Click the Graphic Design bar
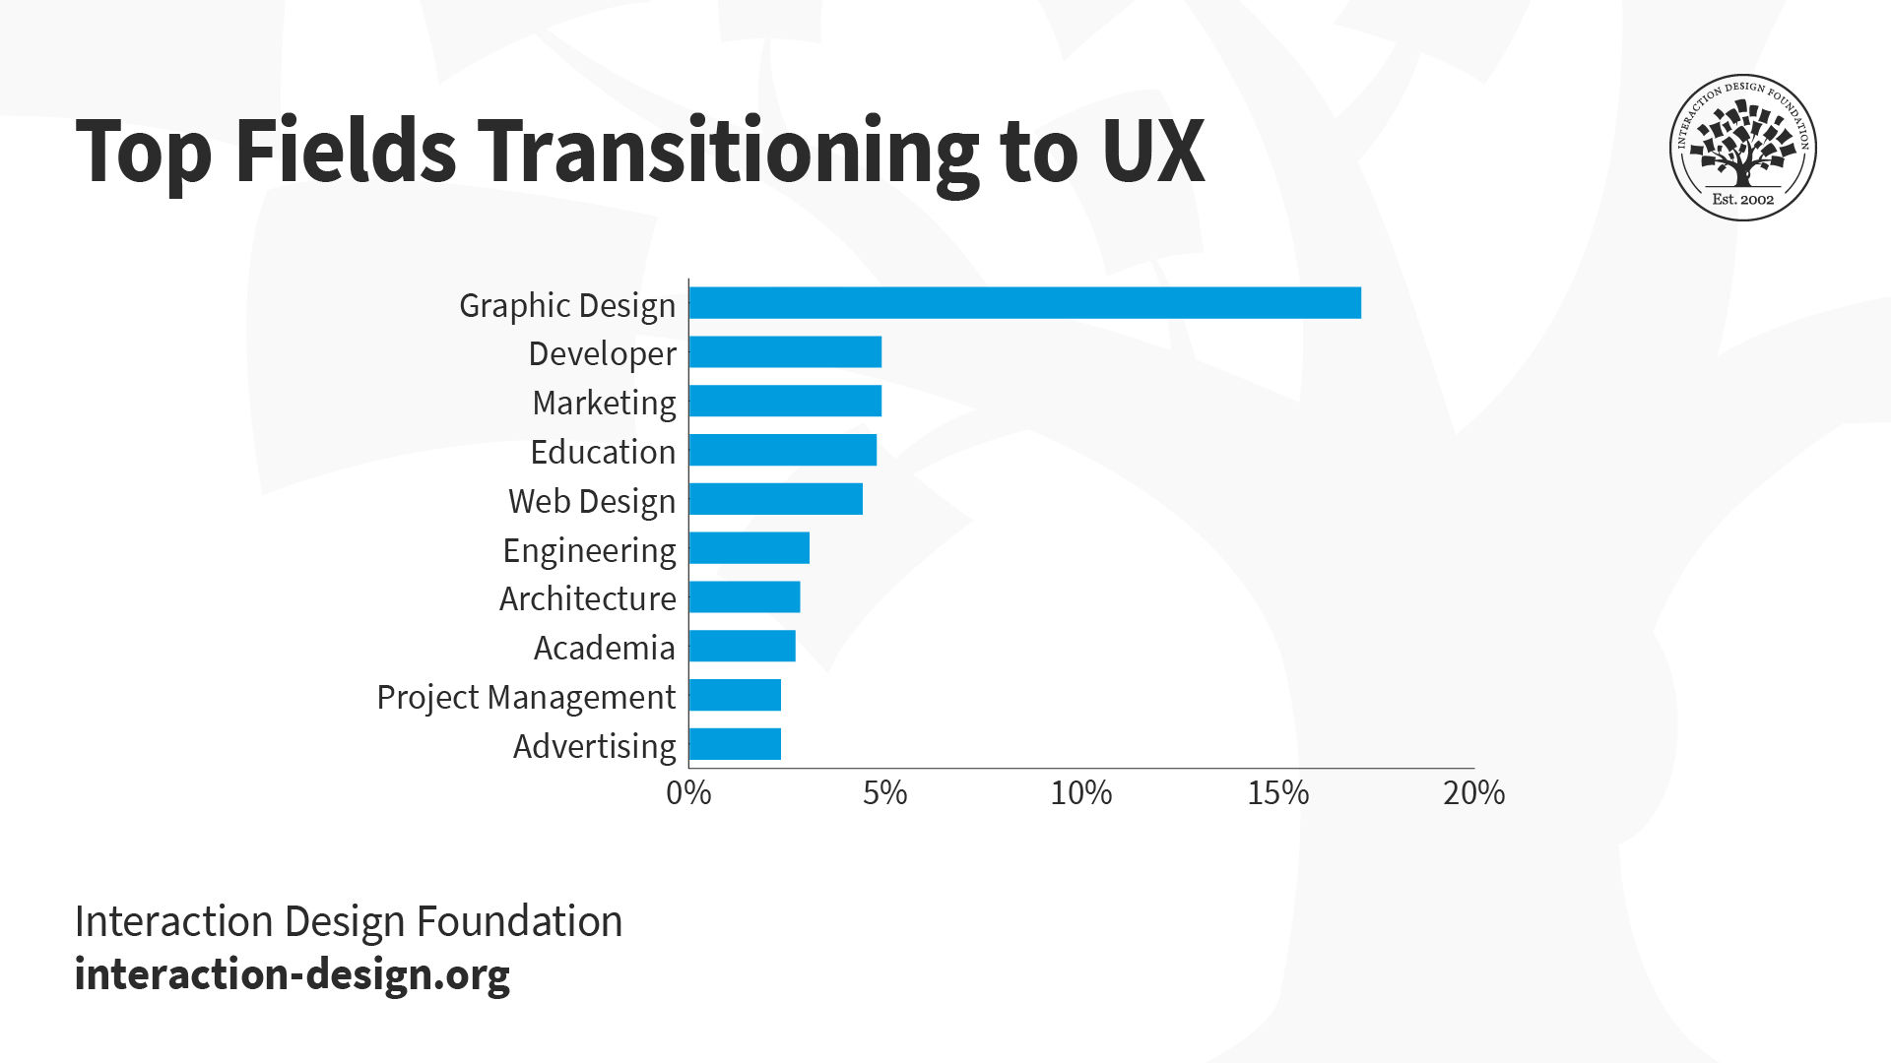1024,303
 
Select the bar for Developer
785,352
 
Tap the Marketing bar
785,402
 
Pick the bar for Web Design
776,499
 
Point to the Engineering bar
750,548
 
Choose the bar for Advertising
735,744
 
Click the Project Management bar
735,695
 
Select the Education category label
603,452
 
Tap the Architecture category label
587,598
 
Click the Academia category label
604,648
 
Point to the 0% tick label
688,793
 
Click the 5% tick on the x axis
884,793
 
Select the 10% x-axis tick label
1080,793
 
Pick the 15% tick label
1277,793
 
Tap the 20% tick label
1473,793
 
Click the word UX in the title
1152,152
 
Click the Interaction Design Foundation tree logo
1742,148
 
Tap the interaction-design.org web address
293,974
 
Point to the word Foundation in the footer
519,922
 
